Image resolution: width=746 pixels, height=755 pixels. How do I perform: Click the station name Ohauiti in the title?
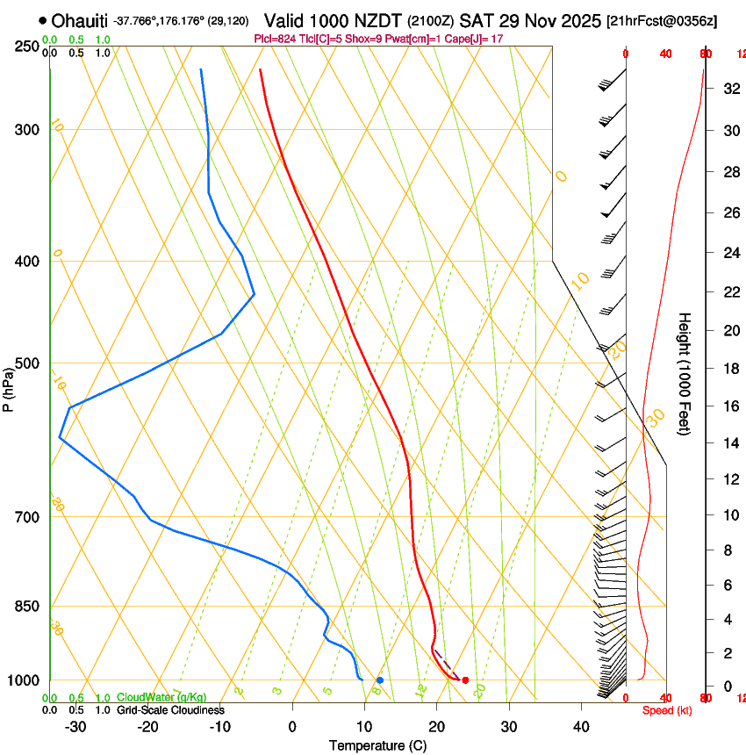click(x=80, y=20)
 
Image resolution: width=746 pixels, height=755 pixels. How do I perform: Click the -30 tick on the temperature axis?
click(x=75, y=727)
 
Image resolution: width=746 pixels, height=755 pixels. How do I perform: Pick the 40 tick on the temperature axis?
click(x=581, y=727)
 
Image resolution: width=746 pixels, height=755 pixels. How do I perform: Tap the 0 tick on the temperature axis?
click(x=292, y=727)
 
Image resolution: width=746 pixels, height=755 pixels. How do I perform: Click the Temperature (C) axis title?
click(x=377, y=745)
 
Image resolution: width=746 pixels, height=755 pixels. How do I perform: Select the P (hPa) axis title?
click(x=9, y=386)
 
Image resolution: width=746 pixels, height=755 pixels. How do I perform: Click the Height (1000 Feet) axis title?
click(x=685, y=373)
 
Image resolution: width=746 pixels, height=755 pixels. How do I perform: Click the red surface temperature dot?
click(x=465, y=680)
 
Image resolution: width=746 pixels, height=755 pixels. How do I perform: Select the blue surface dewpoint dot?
click(x=380, y=680)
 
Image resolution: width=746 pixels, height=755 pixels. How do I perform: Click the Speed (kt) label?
click(x=666, y=710)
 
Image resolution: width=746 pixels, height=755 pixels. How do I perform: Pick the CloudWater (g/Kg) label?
click(x=161, y=698)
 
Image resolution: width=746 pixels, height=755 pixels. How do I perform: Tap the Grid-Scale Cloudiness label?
click(x=170, y=710)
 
